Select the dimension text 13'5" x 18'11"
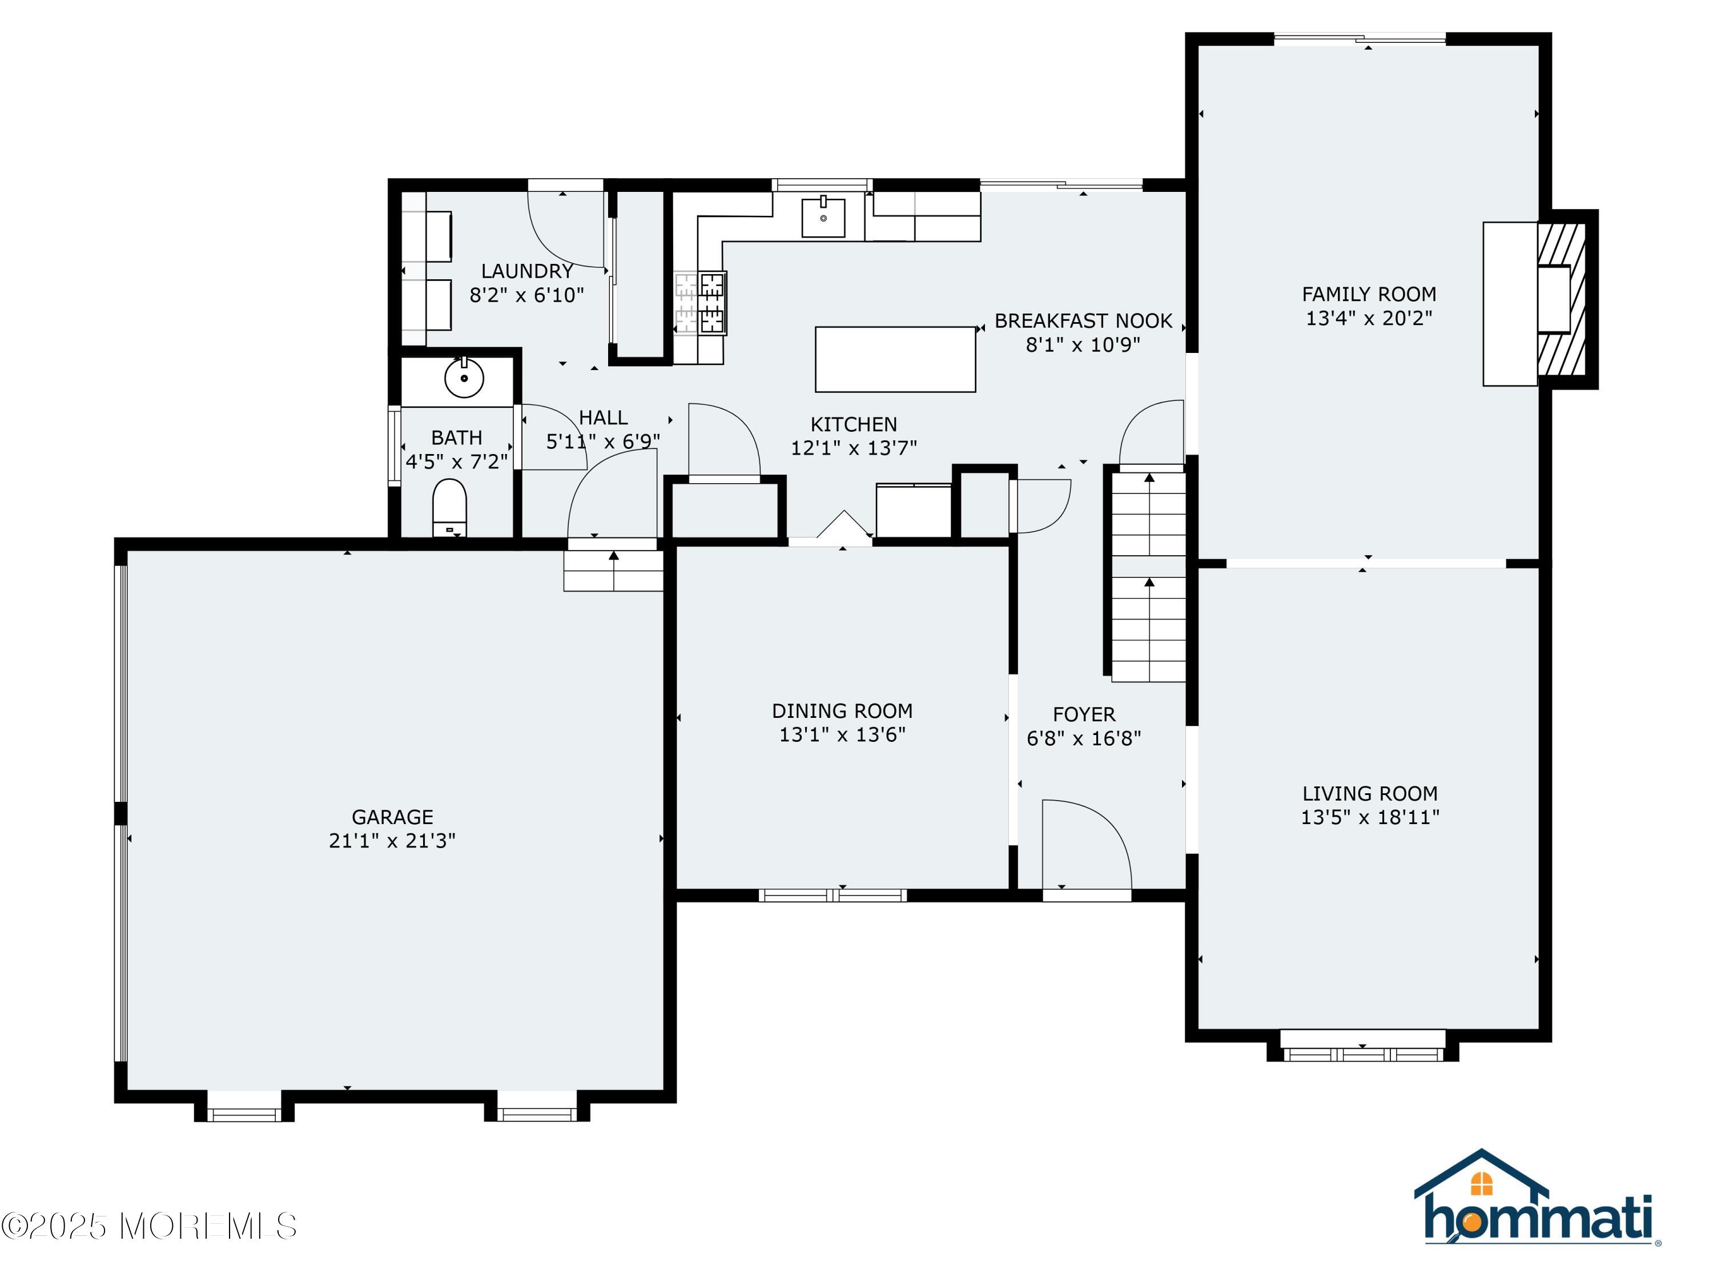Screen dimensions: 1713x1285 coord(1369,817)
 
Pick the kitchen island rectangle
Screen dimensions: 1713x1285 coord(895,359)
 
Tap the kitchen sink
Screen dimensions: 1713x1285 coord(823,217)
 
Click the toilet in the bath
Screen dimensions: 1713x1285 coord(449,507)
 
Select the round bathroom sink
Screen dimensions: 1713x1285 coord(464,378)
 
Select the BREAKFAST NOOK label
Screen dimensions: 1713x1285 coord(1083,320)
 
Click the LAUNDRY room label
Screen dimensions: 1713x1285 coord(526,271)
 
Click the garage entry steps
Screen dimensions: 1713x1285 coord(613,571)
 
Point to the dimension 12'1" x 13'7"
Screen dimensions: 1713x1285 coord(854,448)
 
